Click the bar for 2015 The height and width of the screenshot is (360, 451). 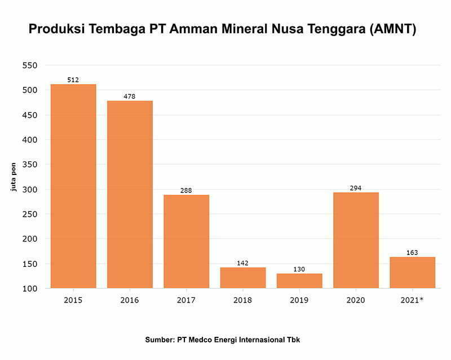click(73, 186)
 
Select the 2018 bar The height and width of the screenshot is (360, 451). click(243, 278)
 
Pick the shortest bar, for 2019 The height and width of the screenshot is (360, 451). click(299, 281)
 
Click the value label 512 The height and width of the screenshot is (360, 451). click(73, 80)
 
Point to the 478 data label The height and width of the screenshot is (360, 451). click(130, 96)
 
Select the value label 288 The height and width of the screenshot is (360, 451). click(186, 191)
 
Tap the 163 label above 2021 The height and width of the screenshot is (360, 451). click(412, 253)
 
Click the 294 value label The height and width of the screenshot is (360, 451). click(356, 188)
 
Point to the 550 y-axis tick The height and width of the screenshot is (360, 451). click(29, 65)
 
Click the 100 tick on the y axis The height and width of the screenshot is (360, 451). click(29, 288)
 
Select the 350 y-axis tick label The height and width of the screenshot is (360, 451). click(29, 165)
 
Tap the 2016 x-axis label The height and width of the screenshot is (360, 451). click(130, 300)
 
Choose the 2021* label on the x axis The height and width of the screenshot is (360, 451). click(412, 300)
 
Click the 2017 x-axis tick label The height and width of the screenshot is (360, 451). click(186, 300)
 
